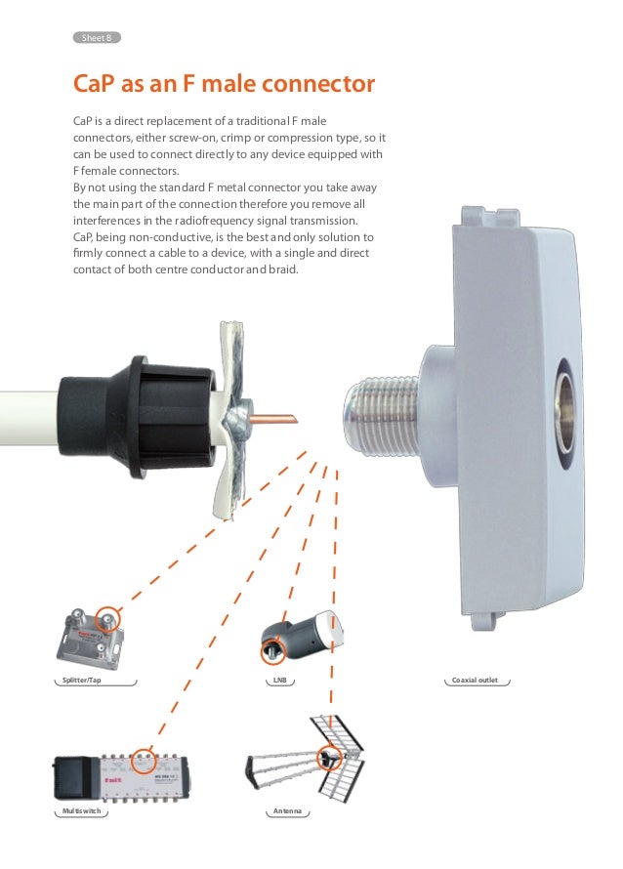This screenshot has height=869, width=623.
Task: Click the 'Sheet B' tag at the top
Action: coord(98,38)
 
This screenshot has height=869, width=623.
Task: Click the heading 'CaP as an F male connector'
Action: coord(225,84)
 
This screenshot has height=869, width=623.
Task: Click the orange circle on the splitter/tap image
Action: coord(108,618)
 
